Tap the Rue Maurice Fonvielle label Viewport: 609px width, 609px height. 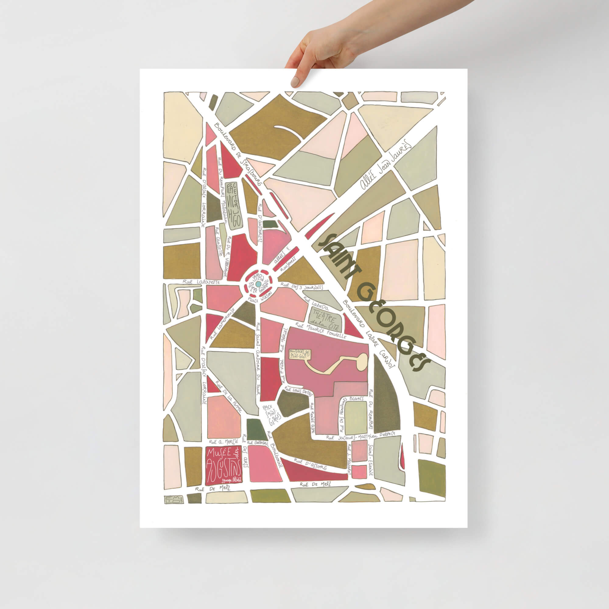(321, 330)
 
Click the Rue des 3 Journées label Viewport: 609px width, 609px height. (302, 287)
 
